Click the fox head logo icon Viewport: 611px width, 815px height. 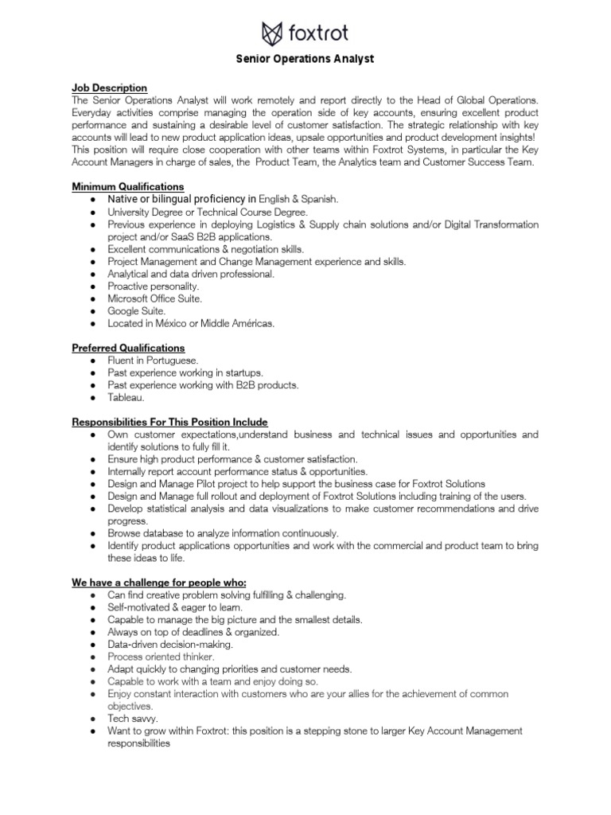click(x=273, y=33)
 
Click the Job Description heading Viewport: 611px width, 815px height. click(x=109, y=88)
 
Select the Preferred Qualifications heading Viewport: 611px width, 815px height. click(x=128, y=348)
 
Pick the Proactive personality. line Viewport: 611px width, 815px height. click(x=147, y=286)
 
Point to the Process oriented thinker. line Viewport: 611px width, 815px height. click(x=161, y=657)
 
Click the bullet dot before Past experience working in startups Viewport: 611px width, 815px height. click(x=94, y=373)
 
